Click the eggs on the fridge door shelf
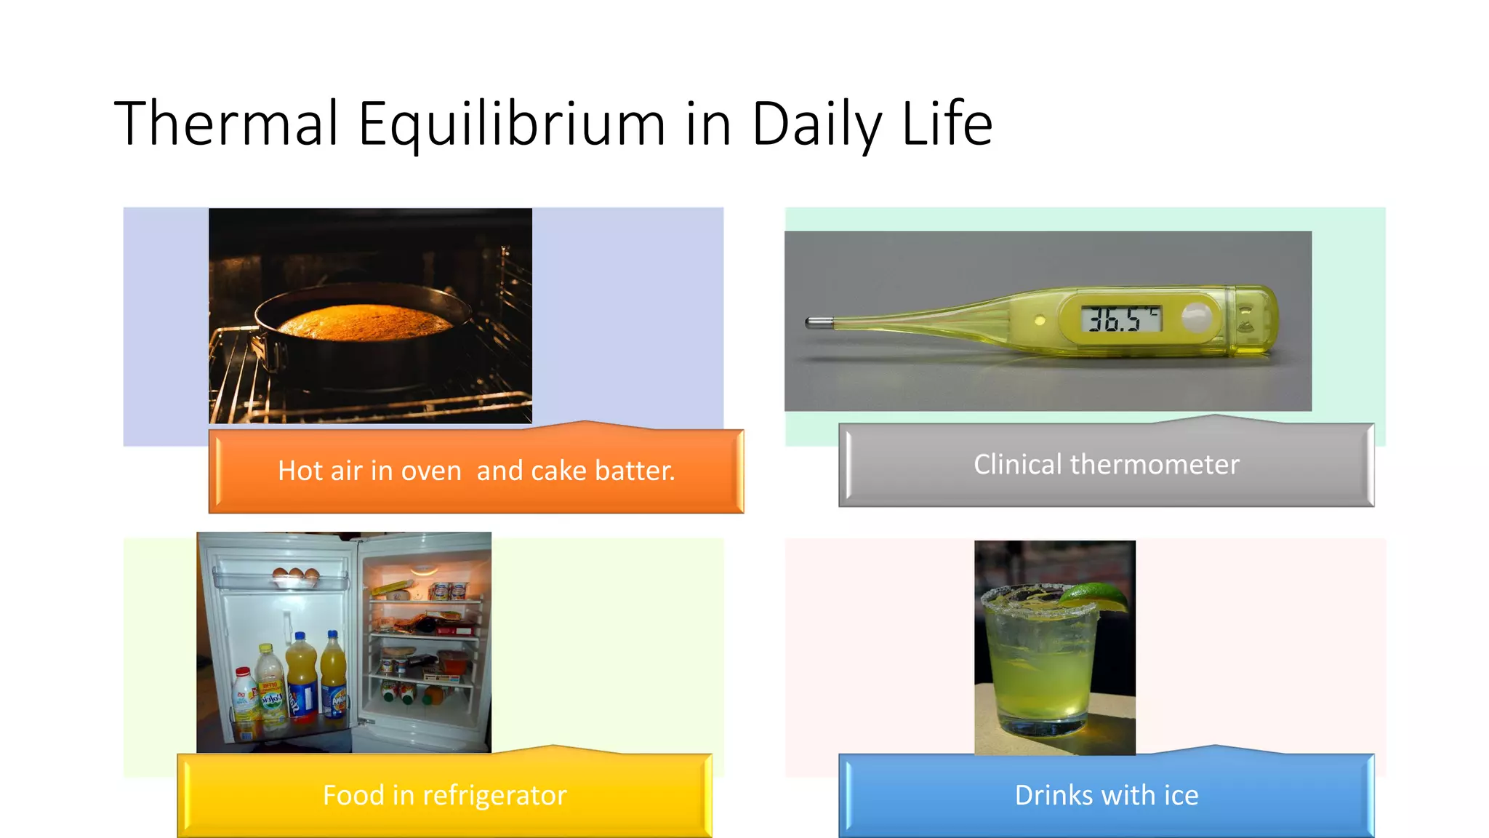coord(295,575)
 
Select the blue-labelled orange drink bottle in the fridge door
coord(301,680)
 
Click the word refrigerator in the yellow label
coord(494,796)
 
